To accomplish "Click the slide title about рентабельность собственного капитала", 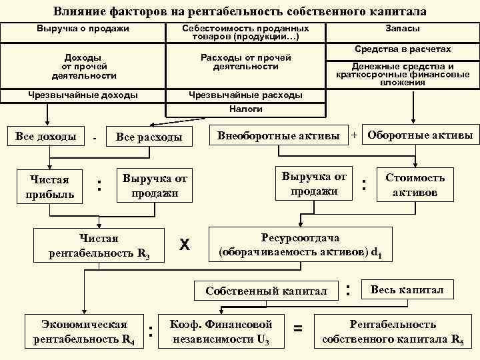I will point(239,11).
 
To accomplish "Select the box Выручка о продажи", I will point(83,29).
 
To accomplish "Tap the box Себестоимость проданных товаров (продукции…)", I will point(246,33).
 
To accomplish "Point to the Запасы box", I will point(402,29).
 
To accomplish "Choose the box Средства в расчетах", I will point(402,49).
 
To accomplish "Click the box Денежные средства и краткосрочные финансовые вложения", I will point(402,74).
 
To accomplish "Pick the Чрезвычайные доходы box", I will point(83,95).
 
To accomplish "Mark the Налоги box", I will point(246,109).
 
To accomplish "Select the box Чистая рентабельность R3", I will point(99,245).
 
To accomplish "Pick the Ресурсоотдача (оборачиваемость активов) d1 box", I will point(301,245).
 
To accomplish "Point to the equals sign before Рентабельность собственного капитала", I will point(298,328).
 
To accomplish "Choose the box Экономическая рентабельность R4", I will point(84,331).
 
